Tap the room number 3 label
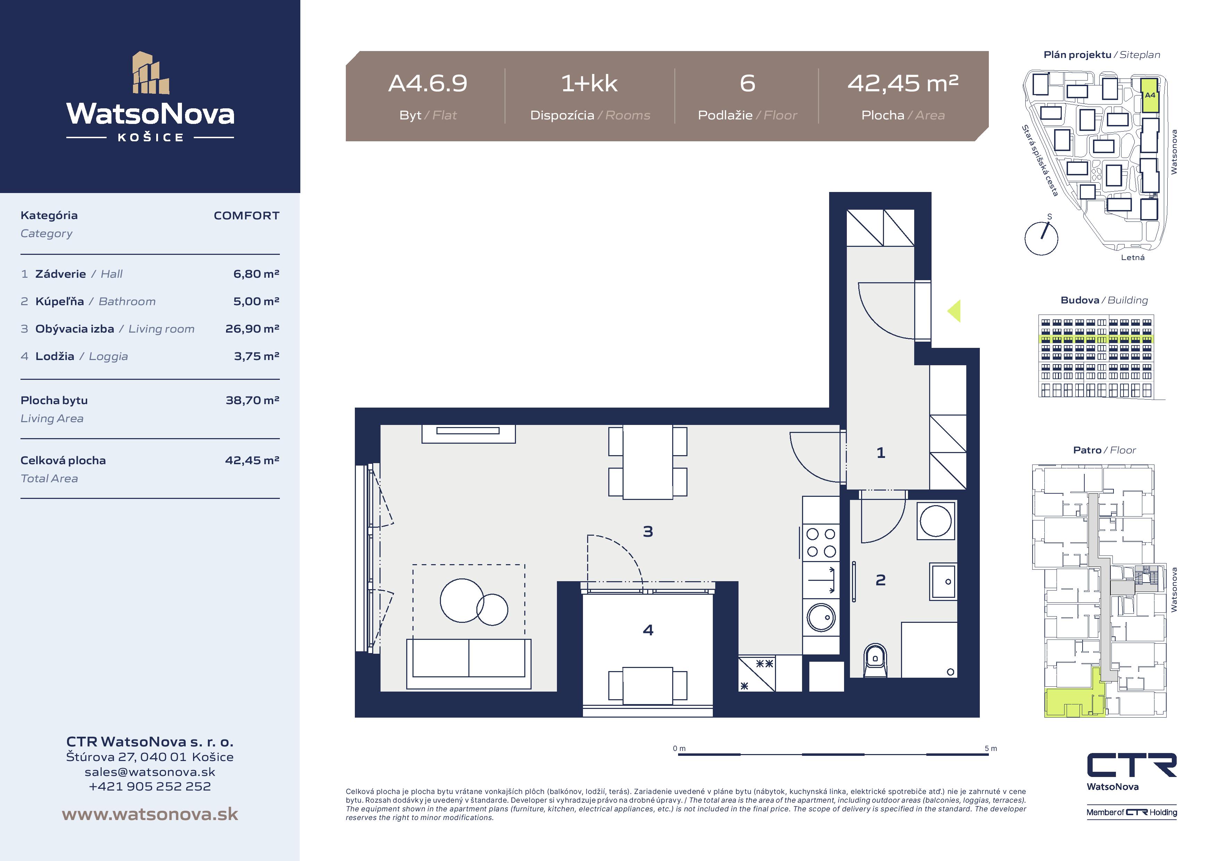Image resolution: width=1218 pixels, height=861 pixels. tap(648, 532)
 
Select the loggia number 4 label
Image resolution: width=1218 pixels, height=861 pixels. tap(648, 630)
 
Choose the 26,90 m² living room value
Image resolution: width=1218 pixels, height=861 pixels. tap(252, 329)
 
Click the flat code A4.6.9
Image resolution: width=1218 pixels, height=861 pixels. tap(427, 83)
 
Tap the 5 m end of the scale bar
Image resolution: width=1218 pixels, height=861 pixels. tap(988, 754)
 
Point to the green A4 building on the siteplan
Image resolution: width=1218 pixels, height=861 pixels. tap(1150, 95)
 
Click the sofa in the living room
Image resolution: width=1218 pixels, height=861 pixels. tap(468, 664)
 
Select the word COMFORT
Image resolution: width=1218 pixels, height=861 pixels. tap(246, 215)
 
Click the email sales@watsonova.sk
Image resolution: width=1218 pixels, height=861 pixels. tap(150, 772)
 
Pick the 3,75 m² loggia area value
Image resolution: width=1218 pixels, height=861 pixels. tap(257, 356)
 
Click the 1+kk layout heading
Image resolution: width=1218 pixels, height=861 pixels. tap(589, 83)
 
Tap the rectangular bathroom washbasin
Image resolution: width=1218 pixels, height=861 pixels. tap(943, 582)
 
